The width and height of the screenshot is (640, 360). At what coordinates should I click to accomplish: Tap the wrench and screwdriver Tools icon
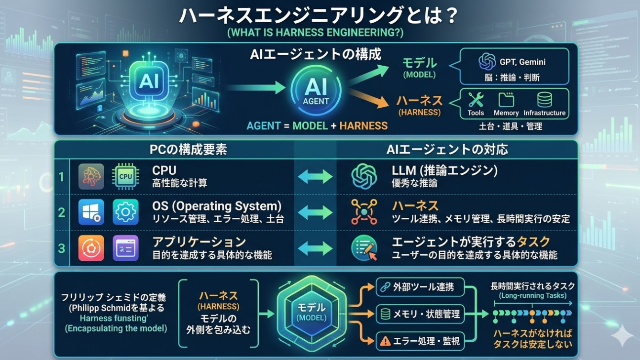[x=476, y=100]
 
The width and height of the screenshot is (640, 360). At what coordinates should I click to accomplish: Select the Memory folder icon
[x=506, y=100]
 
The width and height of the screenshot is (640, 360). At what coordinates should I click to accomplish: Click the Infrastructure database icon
[x=545, y=100]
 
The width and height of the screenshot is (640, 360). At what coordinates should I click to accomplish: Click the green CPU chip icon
[x=125, y=176]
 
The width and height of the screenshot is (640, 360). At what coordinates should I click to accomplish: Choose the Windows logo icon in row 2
[x=91, y=212]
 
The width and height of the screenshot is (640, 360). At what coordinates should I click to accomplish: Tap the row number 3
[x=62, y=247]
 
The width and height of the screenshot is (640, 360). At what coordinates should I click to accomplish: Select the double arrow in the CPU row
[x=315, y=177]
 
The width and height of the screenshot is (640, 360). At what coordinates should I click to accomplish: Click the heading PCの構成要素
[x=188, y=150]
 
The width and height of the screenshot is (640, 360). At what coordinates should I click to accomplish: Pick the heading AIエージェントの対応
[x=447, y=150]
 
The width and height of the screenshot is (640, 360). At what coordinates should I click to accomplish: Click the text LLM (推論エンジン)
[x=444, y=171]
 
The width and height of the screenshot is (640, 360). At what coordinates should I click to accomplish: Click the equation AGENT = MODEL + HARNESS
[x=317, y=125]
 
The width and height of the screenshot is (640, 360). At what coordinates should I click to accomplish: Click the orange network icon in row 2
[x=364, y=212]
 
